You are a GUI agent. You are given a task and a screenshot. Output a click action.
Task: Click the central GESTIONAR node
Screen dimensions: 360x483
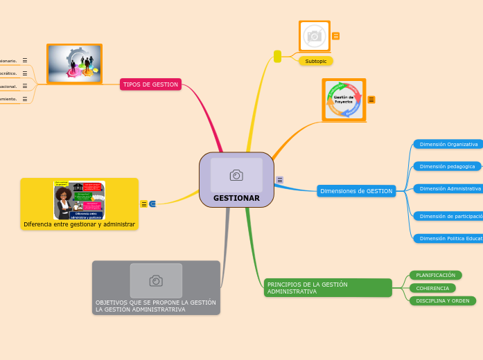[x=236, y=197]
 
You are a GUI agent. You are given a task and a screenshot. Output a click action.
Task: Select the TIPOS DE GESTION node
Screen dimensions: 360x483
[x=150, y=84]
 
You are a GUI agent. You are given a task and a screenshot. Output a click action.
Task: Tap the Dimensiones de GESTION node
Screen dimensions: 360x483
[x=356, y=191]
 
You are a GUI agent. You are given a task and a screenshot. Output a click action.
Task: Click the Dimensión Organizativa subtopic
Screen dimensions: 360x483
[x=448, y=144]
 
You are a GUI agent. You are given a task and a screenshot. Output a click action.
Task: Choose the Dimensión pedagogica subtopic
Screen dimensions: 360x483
[x=447, y=166]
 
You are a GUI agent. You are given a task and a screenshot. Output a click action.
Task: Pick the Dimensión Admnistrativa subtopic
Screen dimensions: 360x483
[x=450, y=188]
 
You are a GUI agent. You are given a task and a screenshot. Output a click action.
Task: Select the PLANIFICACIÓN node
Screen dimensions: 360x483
[x=435, y=275]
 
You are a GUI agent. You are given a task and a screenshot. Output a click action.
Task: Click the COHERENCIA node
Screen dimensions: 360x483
[x=432, y=288]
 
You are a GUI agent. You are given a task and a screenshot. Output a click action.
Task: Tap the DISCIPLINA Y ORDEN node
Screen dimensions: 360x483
[x=442, y=300]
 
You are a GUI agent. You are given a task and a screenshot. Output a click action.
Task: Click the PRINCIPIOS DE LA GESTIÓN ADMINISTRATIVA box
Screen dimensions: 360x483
[x=328, y=288]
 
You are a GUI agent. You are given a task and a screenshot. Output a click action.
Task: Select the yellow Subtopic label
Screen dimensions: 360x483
[x=316, y=61]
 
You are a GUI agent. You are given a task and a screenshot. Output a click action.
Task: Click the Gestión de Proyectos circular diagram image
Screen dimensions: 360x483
[x=344, y=100]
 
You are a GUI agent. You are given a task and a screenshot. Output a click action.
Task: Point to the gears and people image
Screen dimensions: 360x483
[x=74, y=64]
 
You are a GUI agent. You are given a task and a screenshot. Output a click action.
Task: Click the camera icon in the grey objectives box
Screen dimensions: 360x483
[x=156, y=280]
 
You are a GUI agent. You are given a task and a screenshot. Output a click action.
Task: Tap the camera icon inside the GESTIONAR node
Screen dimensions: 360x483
[x=236, y=175]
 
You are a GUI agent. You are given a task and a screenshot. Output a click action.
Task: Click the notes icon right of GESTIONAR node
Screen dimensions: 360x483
[x=280, y=180]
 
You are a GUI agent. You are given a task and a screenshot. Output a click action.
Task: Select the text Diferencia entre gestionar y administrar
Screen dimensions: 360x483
[x=79, y=224]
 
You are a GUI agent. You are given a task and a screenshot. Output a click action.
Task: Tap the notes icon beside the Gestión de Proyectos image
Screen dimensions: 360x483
[x=371, y=100]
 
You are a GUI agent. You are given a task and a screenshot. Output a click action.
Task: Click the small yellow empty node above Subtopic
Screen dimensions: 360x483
[x=277, y=56]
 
